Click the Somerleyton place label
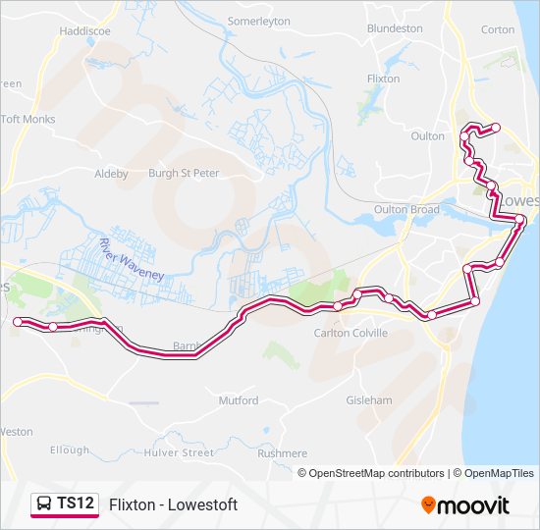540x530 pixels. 260,20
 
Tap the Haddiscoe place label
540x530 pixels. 85,30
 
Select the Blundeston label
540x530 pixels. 395,28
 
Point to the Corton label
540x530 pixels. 498,29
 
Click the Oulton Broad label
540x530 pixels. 406,209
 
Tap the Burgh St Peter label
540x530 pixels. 183,173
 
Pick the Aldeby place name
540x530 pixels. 111,174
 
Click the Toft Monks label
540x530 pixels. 28,120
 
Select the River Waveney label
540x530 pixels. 132,259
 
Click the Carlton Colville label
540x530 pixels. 351,333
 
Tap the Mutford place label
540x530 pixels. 239,400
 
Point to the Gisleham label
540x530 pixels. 369,400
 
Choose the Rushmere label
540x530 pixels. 282,453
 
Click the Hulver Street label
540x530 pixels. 178,453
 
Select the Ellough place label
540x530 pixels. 69,450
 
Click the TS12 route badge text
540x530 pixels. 76,503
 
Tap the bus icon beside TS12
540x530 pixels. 44,504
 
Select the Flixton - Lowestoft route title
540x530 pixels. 174,504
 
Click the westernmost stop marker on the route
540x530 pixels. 18,322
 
